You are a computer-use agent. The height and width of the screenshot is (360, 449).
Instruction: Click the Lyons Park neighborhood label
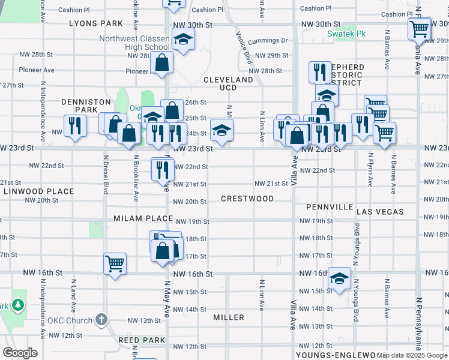[x=96, y=23]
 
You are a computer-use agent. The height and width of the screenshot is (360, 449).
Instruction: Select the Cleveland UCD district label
[x=228, y=83]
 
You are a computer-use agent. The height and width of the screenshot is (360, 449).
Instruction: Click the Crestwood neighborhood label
[x=247, y=199]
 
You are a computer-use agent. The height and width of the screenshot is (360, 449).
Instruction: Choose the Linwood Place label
[x=38, y=192]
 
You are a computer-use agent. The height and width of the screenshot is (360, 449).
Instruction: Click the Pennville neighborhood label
[x=330, y=207]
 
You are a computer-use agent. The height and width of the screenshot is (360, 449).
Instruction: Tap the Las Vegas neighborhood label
[x=380, y=212]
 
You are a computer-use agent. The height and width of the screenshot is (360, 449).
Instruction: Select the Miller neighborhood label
[x=229, y=317]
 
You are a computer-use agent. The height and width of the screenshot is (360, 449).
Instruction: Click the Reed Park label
[x=142, y=340]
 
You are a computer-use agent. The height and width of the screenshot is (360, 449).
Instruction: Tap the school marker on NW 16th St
[x=339, y=278]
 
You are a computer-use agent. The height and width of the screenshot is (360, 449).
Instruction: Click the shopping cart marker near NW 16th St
[x=115, y=263]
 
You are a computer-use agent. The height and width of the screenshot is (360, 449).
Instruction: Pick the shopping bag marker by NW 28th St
[x=162, y=62]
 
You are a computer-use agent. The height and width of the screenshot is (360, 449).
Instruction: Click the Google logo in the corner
[x=20, y=353]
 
